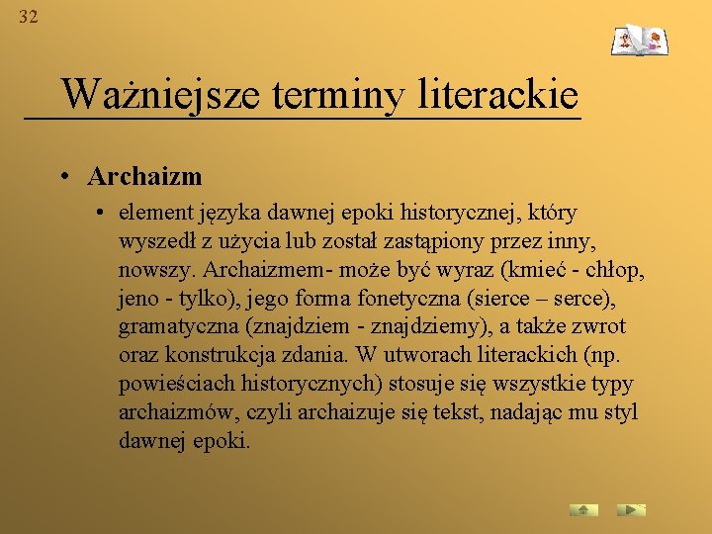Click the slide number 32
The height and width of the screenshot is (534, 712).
(28, 17)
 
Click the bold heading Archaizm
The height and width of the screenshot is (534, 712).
(144, 177)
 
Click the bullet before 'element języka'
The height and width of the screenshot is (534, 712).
(102, 213)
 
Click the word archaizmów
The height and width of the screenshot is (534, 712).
(170, 412)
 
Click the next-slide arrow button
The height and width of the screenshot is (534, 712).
(630, 510)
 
